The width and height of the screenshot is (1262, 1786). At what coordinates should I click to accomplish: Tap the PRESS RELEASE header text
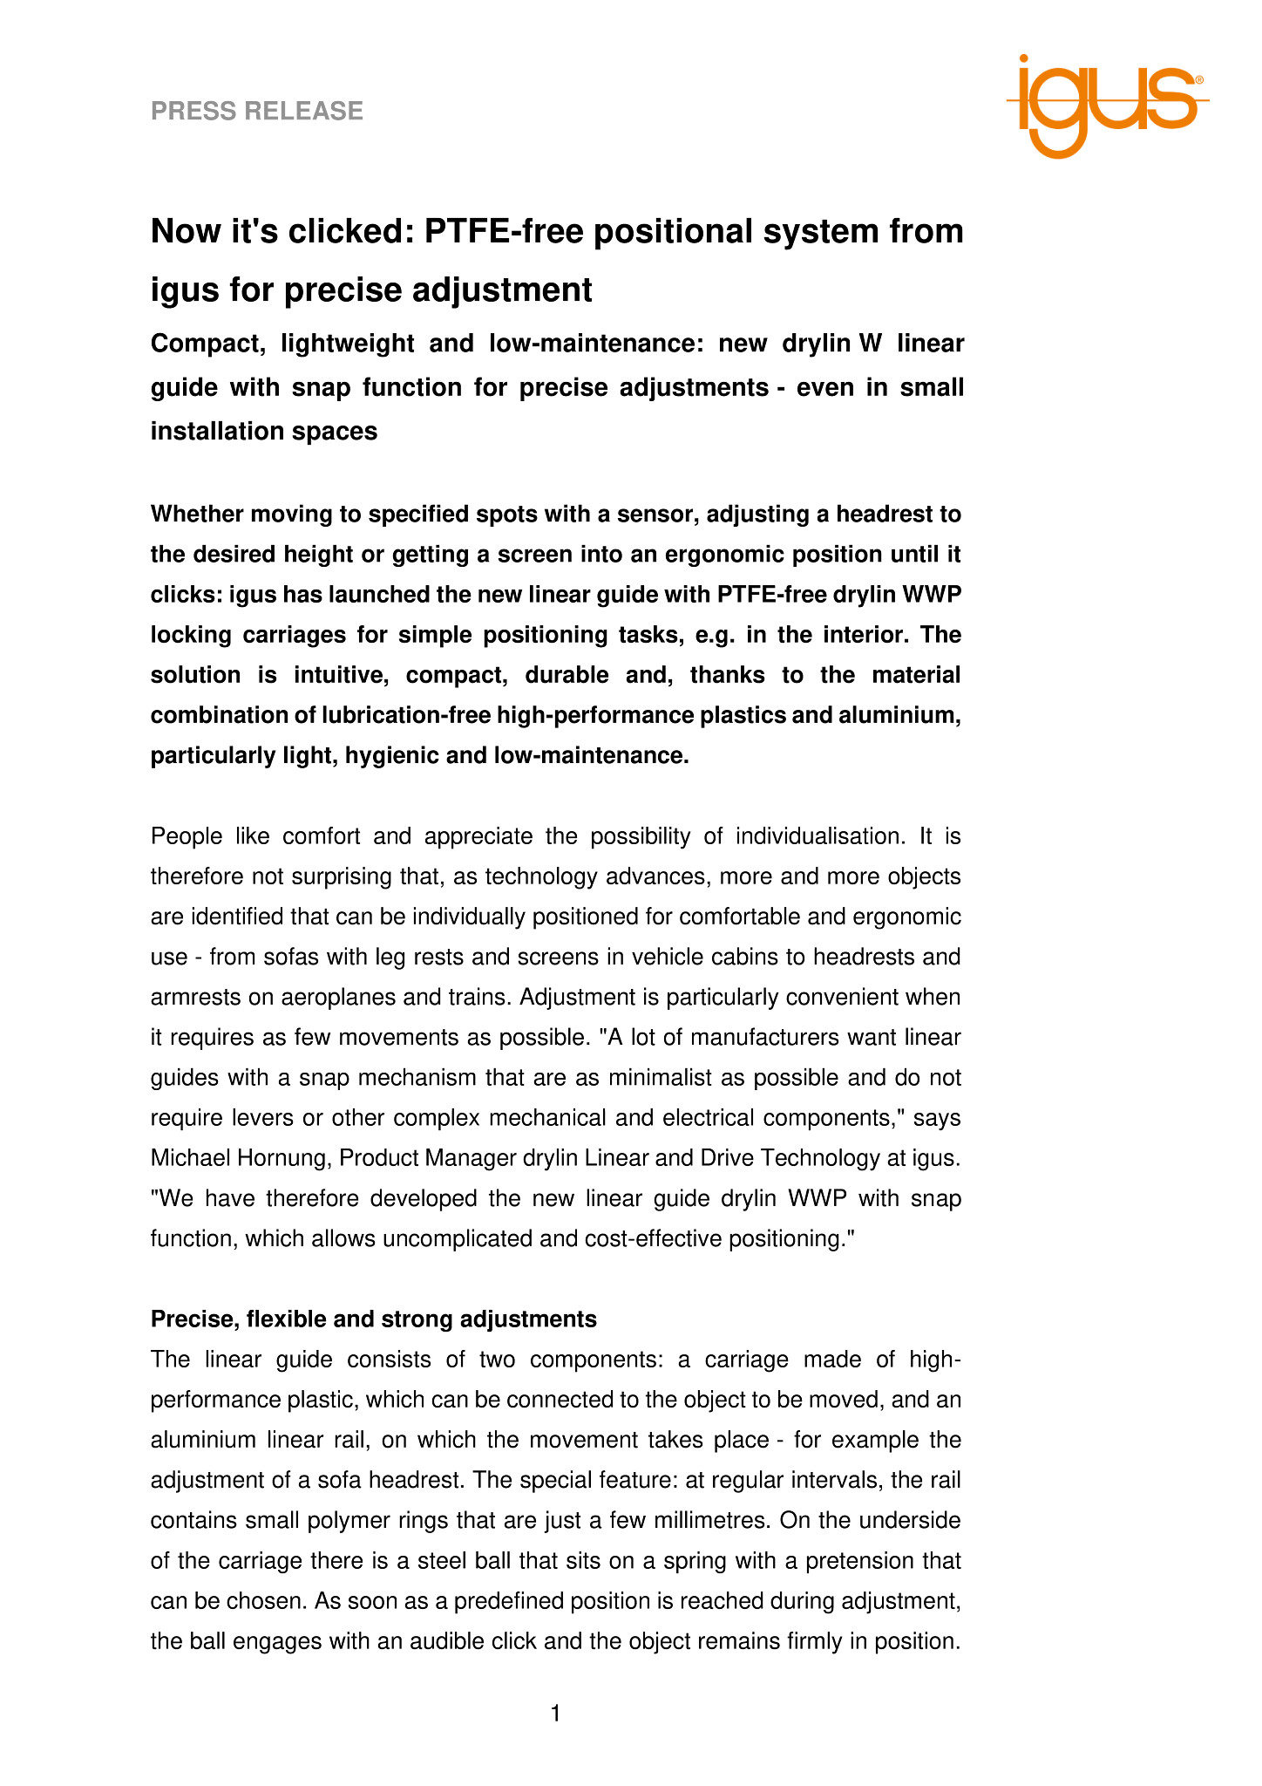(x=257, y=112)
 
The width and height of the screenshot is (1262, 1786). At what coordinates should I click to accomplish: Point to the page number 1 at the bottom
(x=556, y=1714)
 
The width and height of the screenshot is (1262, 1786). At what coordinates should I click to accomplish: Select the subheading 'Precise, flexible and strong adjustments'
(x=374, y=1319)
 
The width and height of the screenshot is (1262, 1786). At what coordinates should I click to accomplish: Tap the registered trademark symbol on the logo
(x=1199, y=79)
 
